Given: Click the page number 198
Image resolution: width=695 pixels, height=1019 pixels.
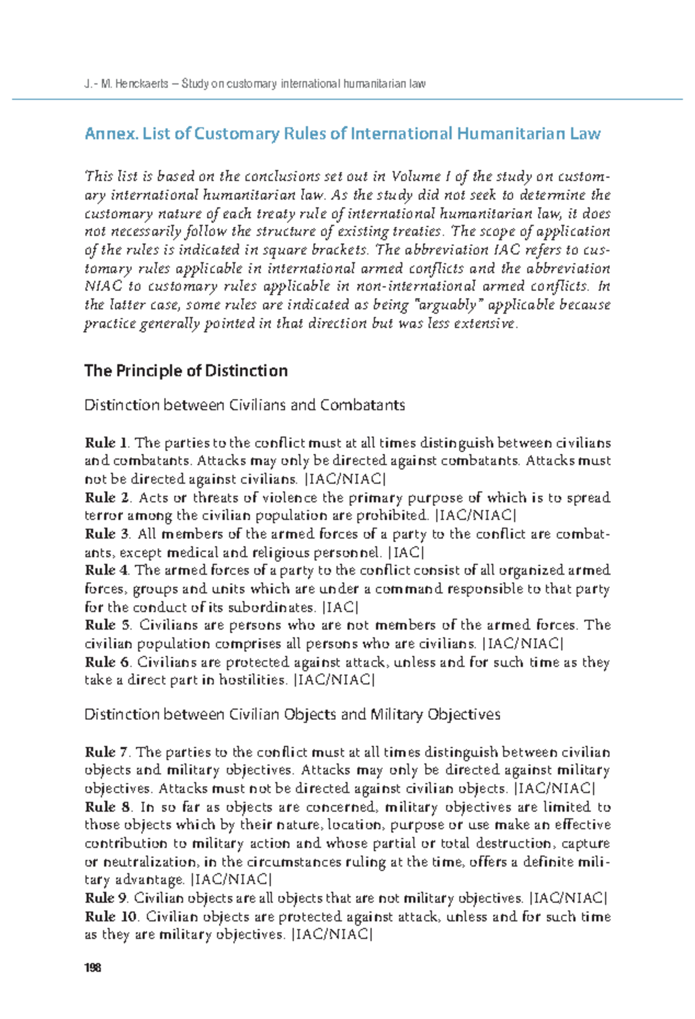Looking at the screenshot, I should (x=93, y=967).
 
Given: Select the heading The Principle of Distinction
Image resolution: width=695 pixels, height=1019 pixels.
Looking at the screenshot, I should (x=186, y=371).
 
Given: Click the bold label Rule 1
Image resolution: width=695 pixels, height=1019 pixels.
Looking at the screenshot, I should (x=107, y=443).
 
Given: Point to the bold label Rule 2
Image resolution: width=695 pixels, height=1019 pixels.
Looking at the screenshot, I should (x=108, y=498).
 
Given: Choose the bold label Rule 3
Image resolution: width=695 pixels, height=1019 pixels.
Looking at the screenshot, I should (x=108, y=534).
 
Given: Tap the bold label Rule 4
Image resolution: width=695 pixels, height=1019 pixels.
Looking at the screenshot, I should (x=108, y=570).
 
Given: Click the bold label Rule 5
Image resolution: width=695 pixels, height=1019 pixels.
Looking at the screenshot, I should (x=108, y=625).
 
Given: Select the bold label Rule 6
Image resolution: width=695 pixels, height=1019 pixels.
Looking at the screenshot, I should (x=108, y=662).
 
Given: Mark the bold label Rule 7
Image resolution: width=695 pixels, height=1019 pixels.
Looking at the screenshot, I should (x=108, y=752).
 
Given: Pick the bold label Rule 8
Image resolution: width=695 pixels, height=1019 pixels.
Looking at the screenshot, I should (x=108, y=807).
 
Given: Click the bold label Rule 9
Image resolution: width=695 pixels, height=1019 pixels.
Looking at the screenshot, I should (x=107, y=898).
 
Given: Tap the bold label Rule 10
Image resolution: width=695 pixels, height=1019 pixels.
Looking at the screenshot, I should (x=111, y=917).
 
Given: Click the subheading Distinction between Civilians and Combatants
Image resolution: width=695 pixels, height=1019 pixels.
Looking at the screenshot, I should (x=244, y=405).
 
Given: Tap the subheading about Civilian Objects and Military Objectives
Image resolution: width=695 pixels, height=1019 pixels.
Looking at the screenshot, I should (x=292, y=715).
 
